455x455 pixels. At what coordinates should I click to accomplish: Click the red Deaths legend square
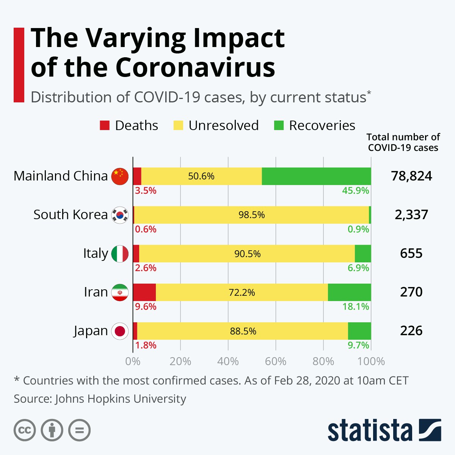105,126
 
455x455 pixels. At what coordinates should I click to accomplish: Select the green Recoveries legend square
279,126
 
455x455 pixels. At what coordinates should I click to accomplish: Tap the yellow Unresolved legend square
178,126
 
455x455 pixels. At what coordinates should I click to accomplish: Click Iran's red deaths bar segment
144,292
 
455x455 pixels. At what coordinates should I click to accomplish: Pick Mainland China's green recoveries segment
316,176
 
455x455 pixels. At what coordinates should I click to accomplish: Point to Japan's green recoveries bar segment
359,331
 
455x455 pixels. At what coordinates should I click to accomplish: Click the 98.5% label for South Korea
251,215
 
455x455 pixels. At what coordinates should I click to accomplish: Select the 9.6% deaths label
146,306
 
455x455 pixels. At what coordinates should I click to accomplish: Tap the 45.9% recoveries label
355,190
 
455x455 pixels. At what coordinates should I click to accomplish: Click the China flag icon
120,176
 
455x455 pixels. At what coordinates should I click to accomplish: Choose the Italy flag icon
120,254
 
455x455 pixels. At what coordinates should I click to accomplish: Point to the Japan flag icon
120,331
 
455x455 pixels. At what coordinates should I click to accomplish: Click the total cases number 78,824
411,176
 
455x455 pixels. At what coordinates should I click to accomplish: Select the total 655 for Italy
411,253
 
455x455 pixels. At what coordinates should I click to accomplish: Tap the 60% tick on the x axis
276,361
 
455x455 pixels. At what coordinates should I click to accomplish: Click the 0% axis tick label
133,361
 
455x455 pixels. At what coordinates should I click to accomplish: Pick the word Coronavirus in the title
195,67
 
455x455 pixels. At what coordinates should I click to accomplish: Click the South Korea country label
71,215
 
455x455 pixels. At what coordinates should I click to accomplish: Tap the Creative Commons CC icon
25,430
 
